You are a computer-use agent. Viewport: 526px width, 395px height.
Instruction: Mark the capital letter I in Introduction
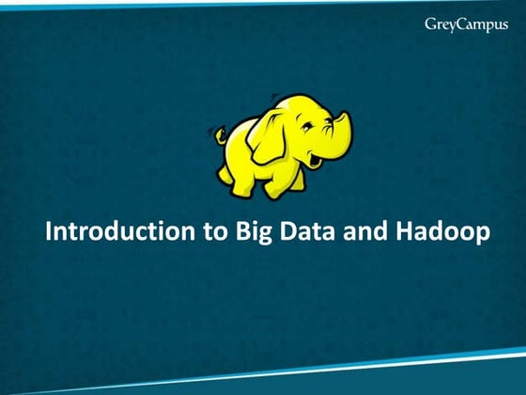[49, 231]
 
